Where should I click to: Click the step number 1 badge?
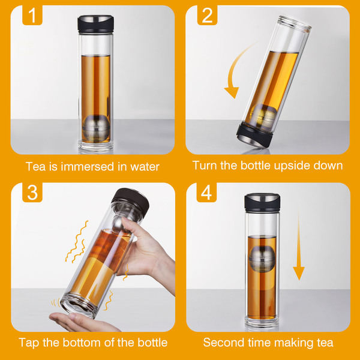(32, 15)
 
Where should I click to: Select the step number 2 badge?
(207, 15)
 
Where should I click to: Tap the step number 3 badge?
(32, 193)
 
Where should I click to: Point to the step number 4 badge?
(206, 193)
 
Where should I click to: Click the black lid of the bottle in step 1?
(95, 25)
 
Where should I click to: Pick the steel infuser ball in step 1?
(97, 128)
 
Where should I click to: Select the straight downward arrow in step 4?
(299, 244)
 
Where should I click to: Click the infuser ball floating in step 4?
(262, 259)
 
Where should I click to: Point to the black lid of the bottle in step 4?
(262, 203)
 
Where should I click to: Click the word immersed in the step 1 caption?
(88, 166)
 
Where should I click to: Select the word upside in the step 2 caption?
(292, 166)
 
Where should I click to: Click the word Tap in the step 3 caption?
(29, 343)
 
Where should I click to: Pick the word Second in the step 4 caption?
(224, 343)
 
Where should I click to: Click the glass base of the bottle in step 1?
(96, 146)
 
